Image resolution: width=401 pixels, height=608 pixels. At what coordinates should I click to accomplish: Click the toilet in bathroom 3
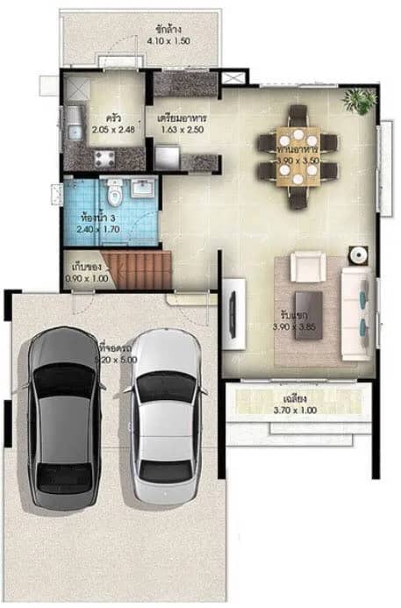coord(112,190)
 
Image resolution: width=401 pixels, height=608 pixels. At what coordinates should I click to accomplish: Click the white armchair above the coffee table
coord(306,266)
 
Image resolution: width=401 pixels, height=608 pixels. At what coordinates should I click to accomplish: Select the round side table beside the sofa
coord(357,255)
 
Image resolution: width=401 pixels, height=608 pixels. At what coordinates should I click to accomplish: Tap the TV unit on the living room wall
coord(232,309)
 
